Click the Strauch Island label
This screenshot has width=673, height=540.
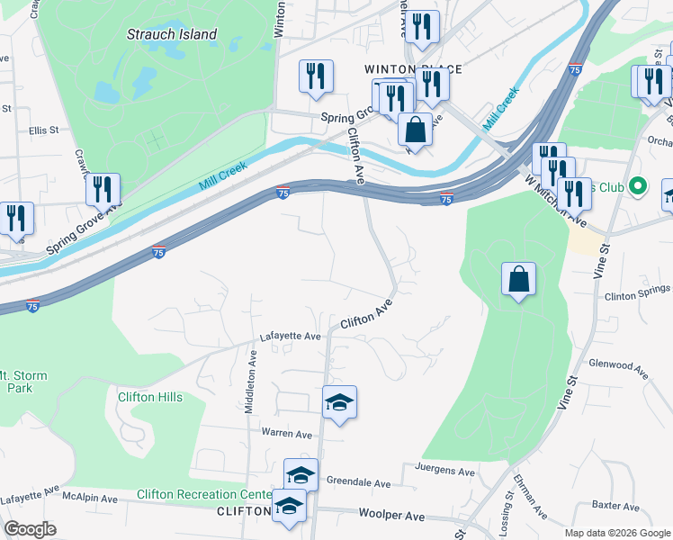171,34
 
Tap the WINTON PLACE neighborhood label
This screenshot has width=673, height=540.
413,69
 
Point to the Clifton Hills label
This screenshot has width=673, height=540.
150,397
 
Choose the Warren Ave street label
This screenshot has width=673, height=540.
286,434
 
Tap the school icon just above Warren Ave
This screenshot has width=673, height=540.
340,402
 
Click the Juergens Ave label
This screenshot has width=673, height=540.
444,471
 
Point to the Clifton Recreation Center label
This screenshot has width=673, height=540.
204,494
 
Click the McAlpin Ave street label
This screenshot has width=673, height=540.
89,498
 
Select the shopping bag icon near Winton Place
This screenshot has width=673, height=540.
415,130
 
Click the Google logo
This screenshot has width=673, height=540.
30,529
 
